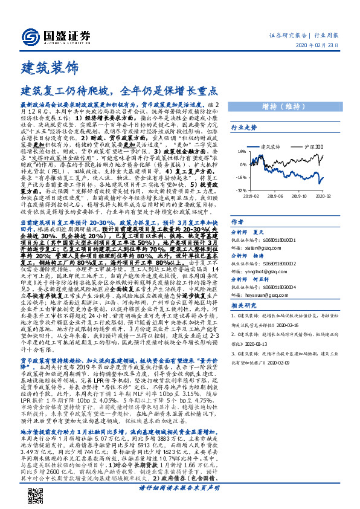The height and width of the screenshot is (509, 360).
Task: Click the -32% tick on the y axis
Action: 241,189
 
